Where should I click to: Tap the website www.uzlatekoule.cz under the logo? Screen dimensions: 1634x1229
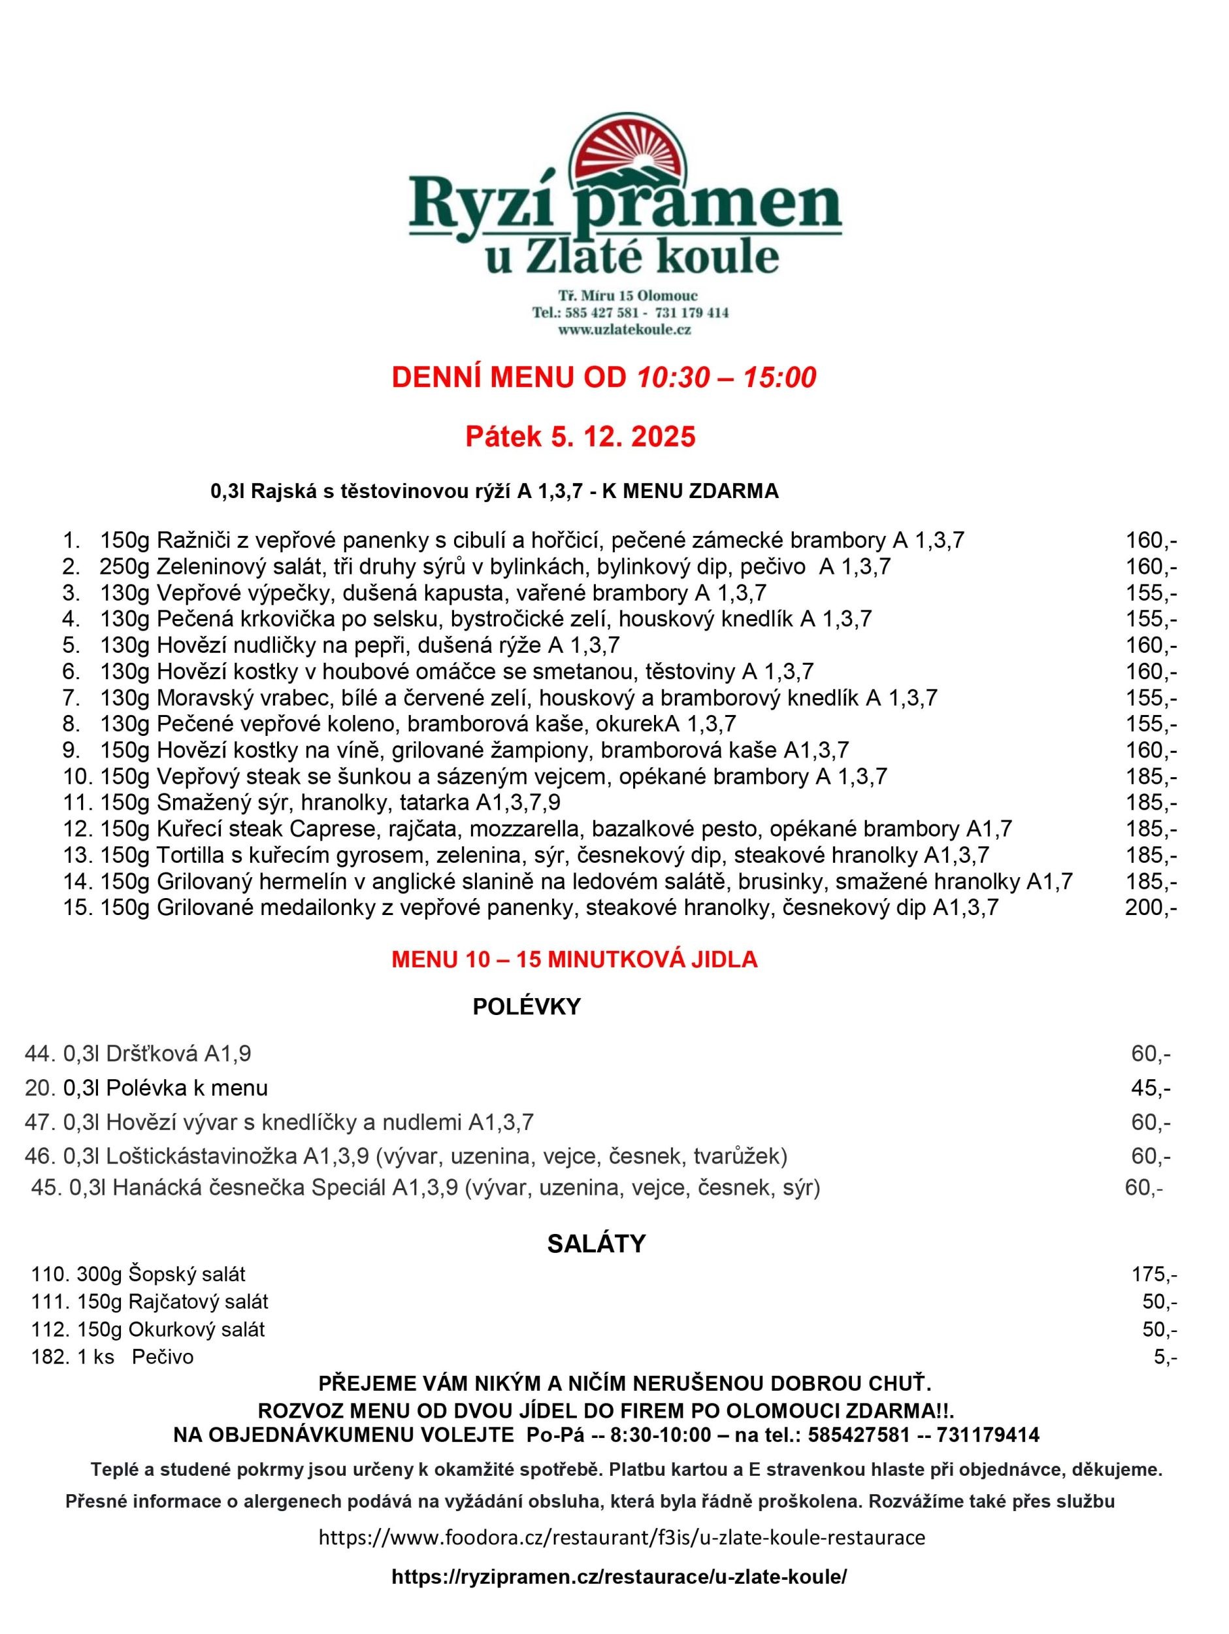[624, 330]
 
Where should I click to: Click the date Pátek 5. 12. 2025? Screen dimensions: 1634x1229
[580, 437]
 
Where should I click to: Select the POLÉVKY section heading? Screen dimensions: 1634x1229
[527, 1007]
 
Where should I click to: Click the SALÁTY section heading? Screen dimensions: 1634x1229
[596, 1244]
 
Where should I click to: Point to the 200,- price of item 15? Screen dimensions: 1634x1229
[1150, 908]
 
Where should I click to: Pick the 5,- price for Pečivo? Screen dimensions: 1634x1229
[1165, 1357]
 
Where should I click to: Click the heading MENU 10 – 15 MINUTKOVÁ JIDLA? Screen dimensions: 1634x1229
[574, 960]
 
